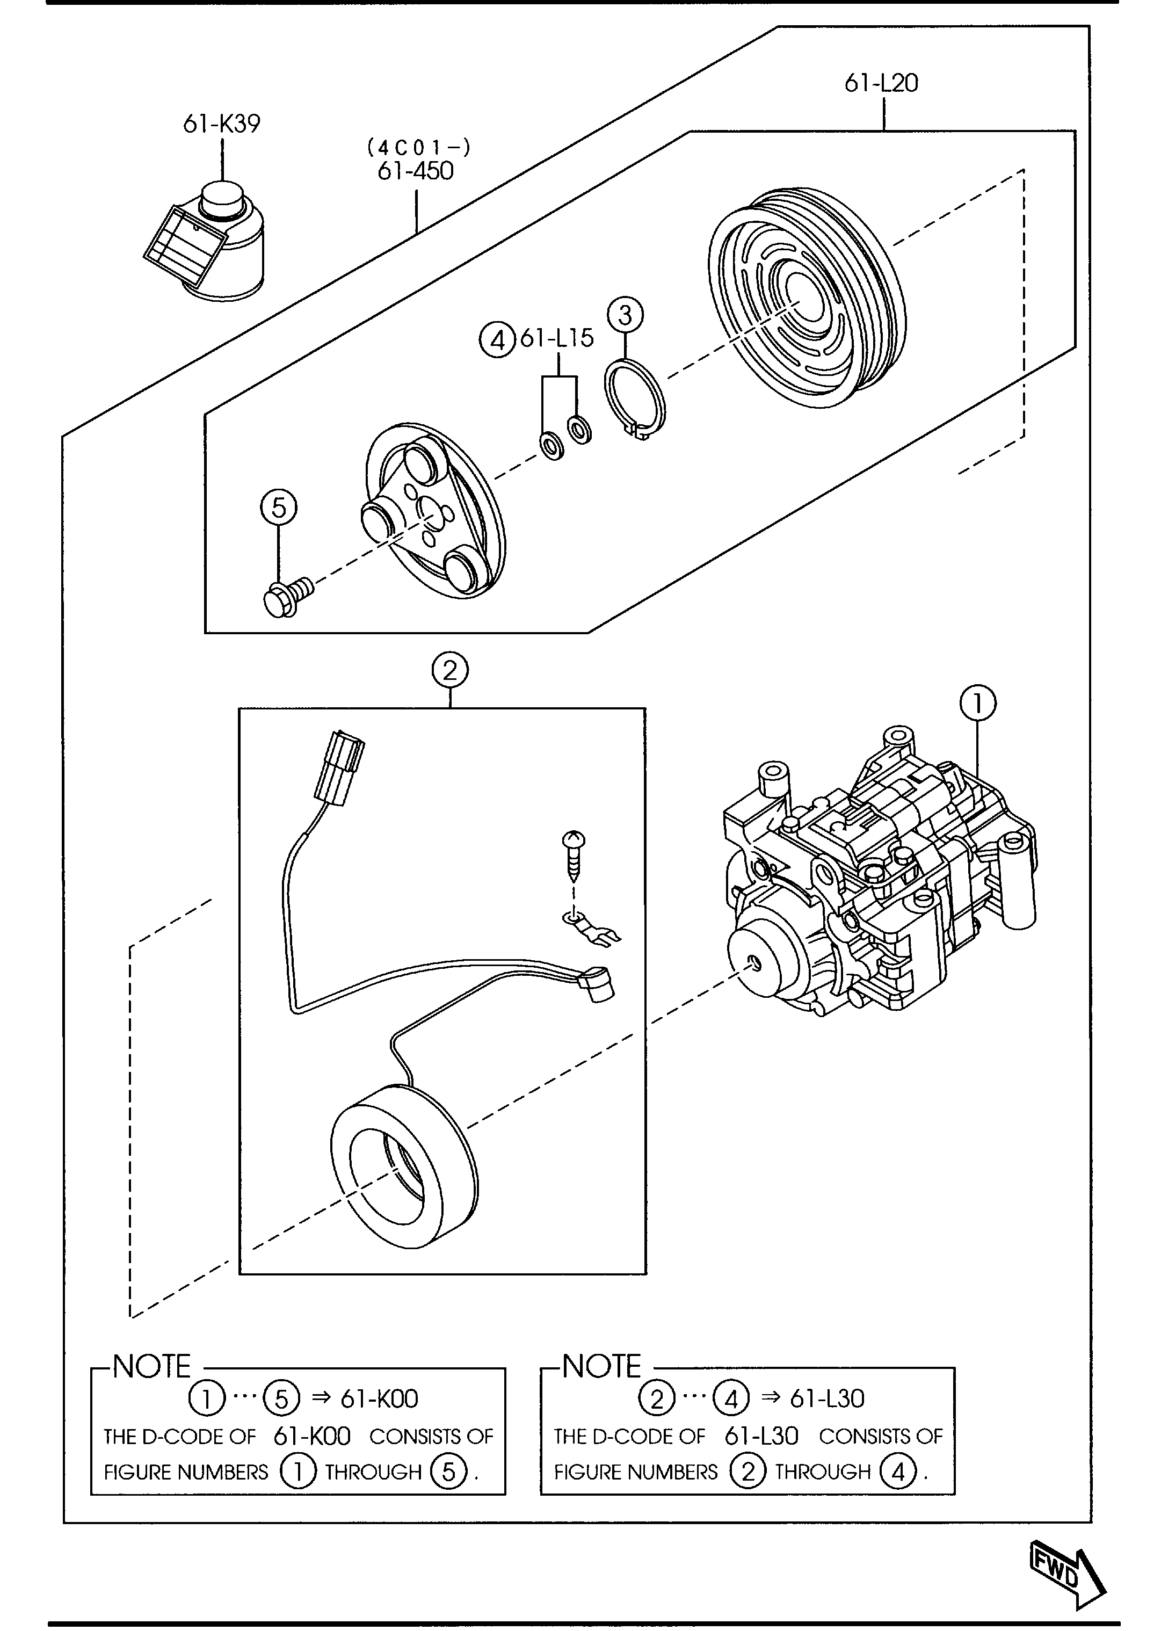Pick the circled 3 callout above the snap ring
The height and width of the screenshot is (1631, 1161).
pos(625,315)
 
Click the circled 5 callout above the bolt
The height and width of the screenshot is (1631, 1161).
pos(279,508)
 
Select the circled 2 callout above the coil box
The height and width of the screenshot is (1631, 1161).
pos(449,671)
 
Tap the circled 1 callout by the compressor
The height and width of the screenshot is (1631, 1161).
pos(978,703)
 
